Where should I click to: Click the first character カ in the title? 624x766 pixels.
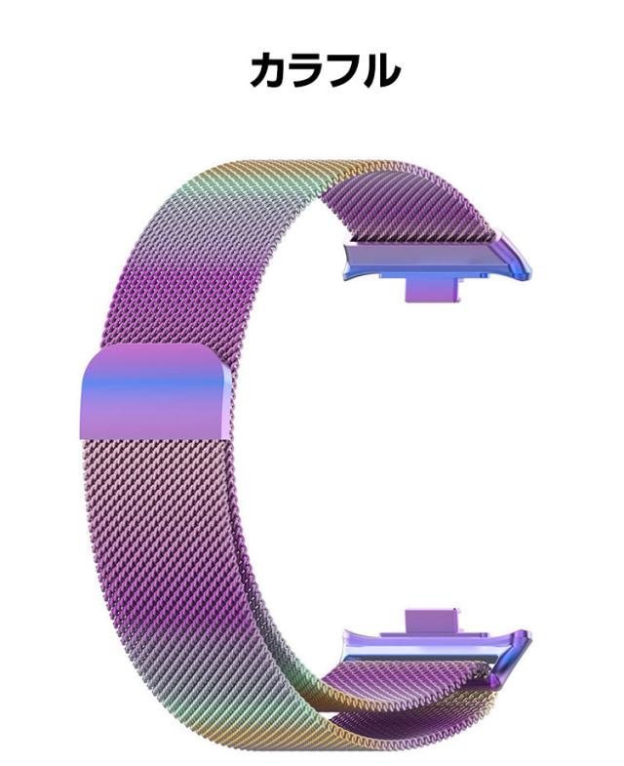pyautogui.click(x=268, y=70)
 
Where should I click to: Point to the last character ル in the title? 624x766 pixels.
pyautogui.click(x=381, y=70)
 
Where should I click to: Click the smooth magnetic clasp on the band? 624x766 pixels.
pyautogui.click(x=155, y=391)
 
